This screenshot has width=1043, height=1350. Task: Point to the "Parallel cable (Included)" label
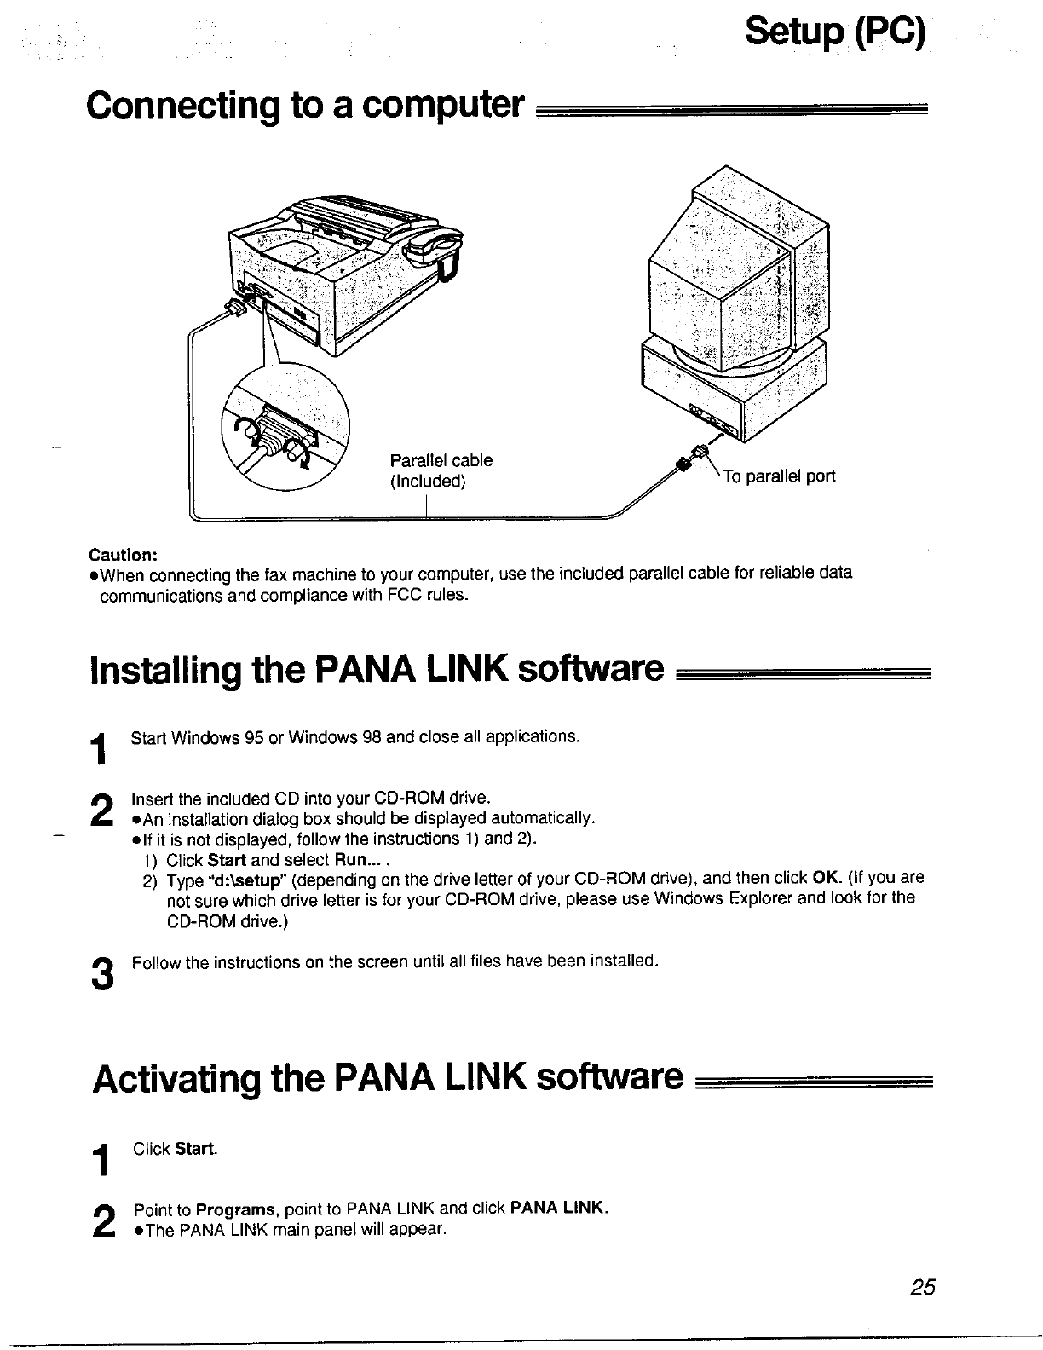click(x=441, y=471)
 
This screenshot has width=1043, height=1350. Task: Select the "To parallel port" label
click(x=779, y=476)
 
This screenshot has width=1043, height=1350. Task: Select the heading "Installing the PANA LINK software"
click(x=375, y=671)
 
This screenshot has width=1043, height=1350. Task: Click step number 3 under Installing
click(x=101, y=974)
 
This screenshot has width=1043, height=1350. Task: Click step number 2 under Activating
click(x=102, y=1221)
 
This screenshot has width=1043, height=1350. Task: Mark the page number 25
click(x=922, y=1288)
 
